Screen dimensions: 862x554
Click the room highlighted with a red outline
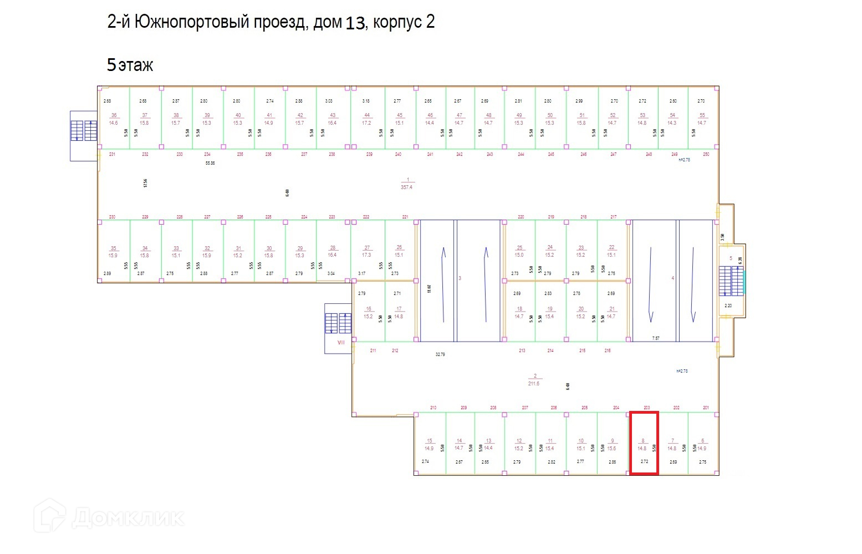(644, 443)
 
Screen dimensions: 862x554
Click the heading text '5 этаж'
(130, 65)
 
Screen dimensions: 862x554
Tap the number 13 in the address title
(355, 23)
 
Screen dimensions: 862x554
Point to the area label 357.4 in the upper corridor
(407, 184)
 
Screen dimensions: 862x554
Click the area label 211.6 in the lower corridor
(534, 380)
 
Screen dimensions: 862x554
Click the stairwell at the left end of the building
(84, 133)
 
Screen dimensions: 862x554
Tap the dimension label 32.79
(440, 354)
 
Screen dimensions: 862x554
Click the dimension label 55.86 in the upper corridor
(210, 164)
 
